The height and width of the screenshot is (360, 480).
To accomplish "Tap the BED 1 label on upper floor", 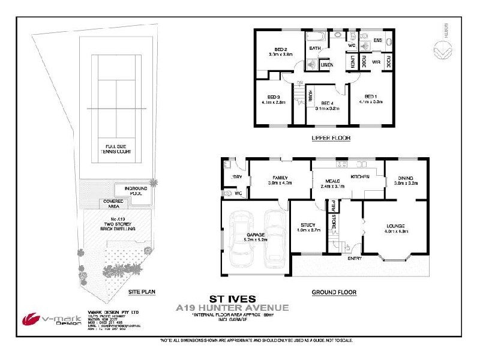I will [371, 97].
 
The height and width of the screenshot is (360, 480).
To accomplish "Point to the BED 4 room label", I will [327, 103].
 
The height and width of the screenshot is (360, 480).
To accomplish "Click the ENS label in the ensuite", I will [378, 40].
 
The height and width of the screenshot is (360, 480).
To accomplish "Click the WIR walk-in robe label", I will [376, 62].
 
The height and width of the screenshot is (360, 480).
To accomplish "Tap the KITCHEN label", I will [359, 178].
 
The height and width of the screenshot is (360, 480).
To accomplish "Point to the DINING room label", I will [406, 178].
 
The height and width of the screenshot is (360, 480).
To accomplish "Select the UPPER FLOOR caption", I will [331, 138].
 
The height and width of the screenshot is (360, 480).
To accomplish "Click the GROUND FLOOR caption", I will [334, 293].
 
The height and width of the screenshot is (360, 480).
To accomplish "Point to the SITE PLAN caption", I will [142, 292].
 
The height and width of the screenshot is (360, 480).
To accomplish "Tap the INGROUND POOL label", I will [136, 191].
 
